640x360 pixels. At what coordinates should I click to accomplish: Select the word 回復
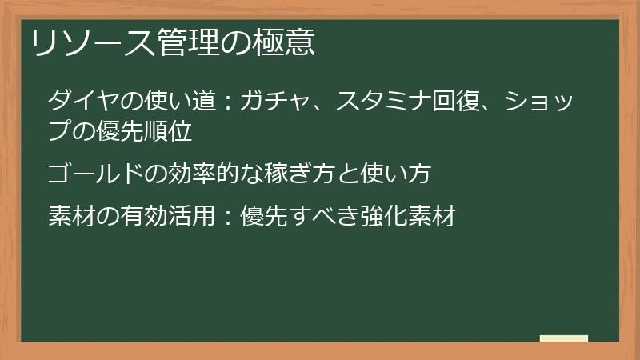(454, 102)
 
